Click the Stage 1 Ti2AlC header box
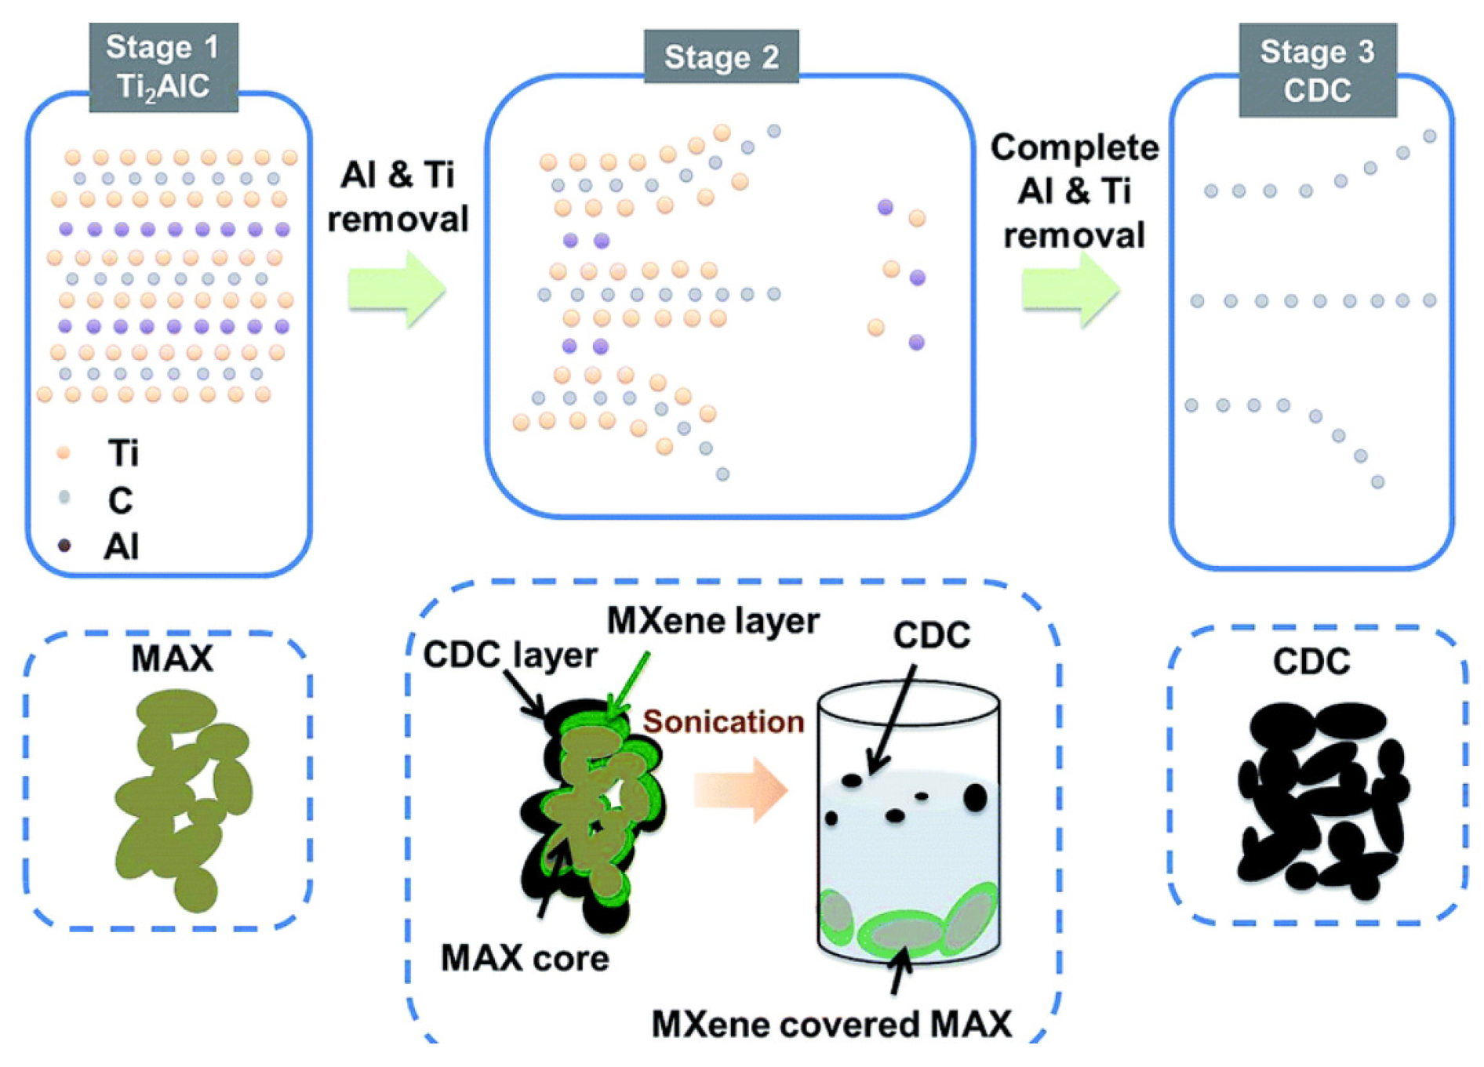pos(163,67)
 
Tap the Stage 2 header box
pos(721,56)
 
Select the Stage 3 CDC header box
pos(1317,71)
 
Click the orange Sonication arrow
pos(740,789)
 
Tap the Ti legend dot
pos(64,453)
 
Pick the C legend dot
pos(64,497)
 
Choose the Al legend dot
pos(64,545)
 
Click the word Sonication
pos(723,721)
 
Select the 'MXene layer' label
pos(713,621)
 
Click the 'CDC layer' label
pos(510,655)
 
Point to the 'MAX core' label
pos(525,958)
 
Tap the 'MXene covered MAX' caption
pos(831,1024)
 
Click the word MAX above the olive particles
pos(172,658)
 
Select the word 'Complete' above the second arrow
pos(1075,147)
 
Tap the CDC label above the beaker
pos(932,635)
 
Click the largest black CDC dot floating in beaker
pos(975,797)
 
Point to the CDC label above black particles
pos(1311,662)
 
